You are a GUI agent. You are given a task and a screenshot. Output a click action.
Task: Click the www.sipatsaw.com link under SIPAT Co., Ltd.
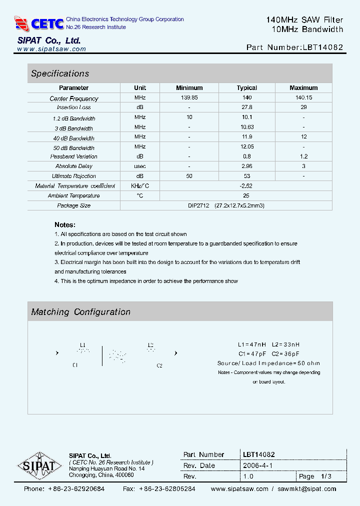click(x=51, y=49)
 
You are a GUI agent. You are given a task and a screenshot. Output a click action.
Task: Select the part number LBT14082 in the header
click(x=322, y=47)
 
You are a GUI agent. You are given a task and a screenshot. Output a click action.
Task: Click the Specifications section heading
click(x=60, y=73)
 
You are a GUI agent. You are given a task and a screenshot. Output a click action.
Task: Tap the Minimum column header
click(x=189, y=88)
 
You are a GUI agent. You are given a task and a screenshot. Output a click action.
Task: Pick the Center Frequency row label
click(x=74, y=98)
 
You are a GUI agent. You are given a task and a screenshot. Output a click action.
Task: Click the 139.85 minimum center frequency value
click(x=189, y=98)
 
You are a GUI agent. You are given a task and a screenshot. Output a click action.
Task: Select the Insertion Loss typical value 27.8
click(x=247, y=107)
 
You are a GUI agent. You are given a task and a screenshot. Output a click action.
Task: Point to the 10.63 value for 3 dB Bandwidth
click(x=247, y=127)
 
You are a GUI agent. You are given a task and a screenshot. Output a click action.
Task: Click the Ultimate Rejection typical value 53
click(x=247, y=176)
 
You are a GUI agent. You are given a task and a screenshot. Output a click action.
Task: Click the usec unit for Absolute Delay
click(x=140, y=166)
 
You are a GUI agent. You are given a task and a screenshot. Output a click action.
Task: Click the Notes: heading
click(x=65, y=225)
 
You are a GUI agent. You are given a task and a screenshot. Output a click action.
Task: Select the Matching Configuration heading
click(x=80, y=312)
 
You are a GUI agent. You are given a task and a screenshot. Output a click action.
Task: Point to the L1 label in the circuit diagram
click(x=83, y=345)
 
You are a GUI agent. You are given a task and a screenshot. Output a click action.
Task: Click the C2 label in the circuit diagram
click(x=159, y=365)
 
